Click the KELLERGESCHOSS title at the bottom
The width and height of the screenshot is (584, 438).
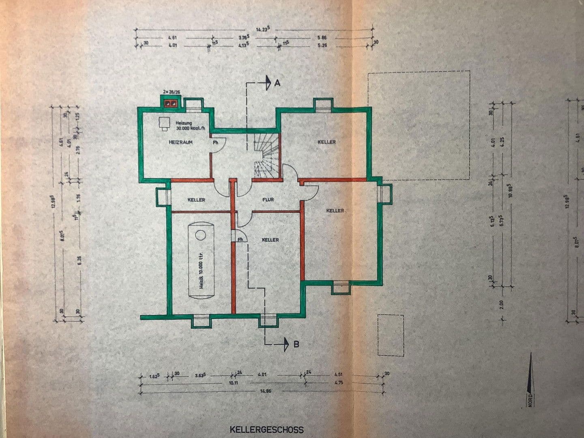[x=266, y=429]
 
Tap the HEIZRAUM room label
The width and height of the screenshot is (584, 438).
[x=180, y=142]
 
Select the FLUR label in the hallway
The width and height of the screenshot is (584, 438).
[x=268, y=200]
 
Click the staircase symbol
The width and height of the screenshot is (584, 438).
[x=266, y=156]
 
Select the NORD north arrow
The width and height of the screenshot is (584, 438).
[x=530, y=381]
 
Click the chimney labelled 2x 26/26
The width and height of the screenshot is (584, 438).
[x=170, y=102]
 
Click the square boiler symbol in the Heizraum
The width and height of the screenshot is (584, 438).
[x=164, y=122]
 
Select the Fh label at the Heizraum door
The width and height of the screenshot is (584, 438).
[x=216, y=142]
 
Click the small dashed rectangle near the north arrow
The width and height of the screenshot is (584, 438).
[x=391, y=335]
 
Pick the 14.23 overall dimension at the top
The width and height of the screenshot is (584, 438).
[x=262, y=29]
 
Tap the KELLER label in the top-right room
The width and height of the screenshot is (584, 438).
[x=326, y=142]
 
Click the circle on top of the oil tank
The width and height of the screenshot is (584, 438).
[x=200, y=235]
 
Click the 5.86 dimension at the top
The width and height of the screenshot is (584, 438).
[x=323, y=37]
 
